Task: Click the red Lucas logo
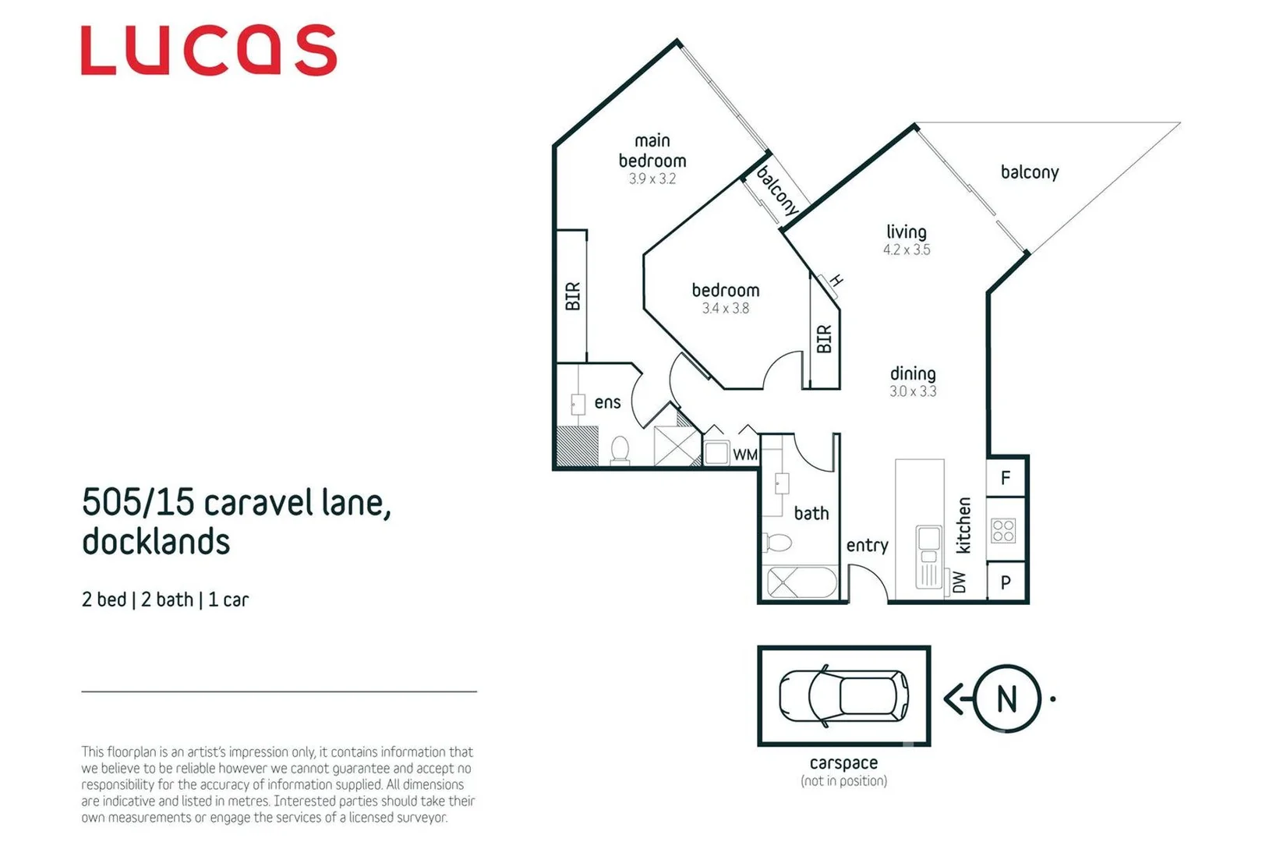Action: tap(209, 51)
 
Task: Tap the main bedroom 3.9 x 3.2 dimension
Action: tap(652, 179)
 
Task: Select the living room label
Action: tap(906, 232)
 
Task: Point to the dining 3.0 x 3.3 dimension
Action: tap(913, 391)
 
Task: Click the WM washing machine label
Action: tap(745, 455)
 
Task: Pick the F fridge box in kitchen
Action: tap(1006, 477)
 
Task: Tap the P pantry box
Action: tap(1006, 582)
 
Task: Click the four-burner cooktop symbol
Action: tap(1003, 531)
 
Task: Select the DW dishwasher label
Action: tap(960, 582)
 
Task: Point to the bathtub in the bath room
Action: tap(802, 583)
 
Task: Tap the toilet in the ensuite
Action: tap(620, 450)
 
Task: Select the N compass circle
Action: tap(1007, 699)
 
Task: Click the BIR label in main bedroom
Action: tap(573, 296)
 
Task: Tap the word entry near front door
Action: tap(867, 545)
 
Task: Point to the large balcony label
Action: tap(1029, 172)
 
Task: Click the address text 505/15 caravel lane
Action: tap(236, 503)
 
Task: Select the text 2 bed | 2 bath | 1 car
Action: tap(165, 600)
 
